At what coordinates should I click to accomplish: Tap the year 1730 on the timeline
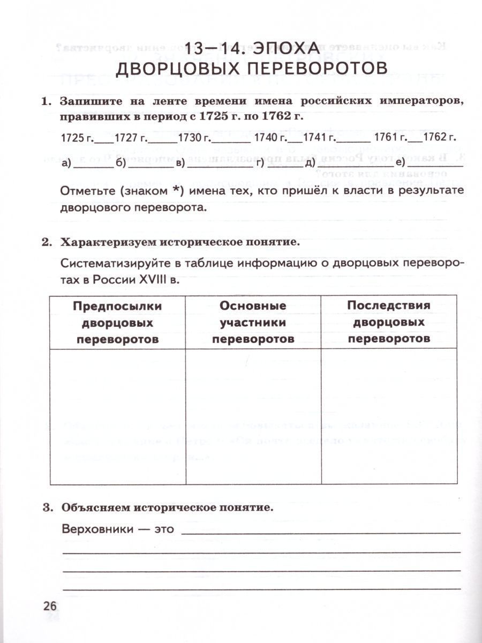point(193,138)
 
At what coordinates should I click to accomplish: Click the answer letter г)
point(261,163)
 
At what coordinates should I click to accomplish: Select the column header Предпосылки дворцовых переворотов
point(117,322)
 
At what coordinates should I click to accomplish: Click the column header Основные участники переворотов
point(253,322)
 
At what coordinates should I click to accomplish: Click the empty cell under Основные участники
point(253,417)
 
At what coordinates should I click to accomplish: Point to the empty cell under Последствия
point(389,417)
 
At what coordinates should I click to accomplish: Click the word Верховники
point(96,529)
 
